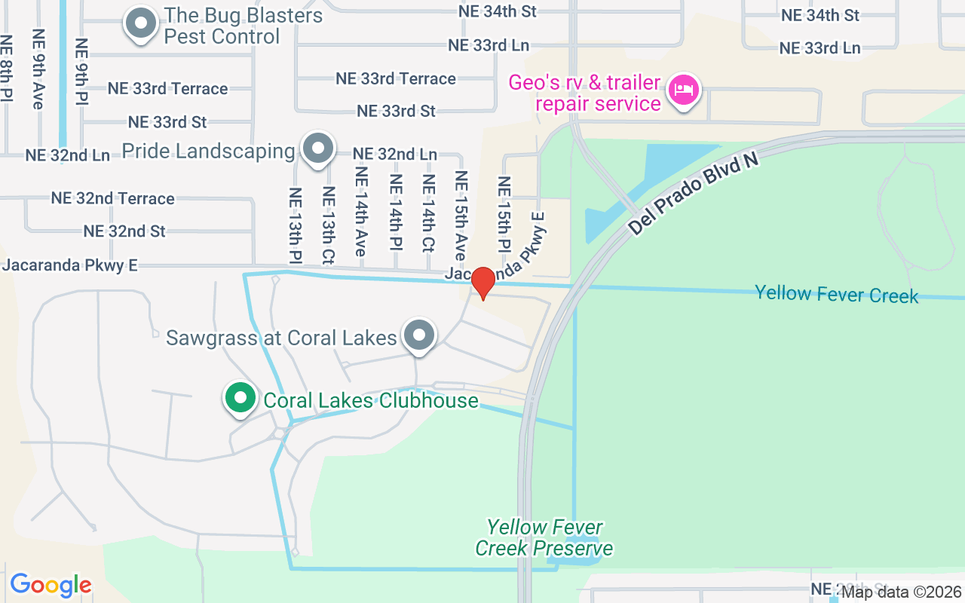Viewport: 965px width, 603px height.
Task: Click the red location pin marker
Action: click(x=483, y=283)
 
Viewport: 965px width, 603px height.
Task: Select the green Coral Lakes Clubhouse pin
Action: click(x=240, y=398)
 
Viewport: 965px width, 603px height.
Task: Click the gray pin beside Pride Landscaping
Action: click(x=318, y=148)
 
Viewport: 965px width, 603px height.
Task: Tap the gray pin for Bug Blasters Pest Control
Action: click(x=140, y=23)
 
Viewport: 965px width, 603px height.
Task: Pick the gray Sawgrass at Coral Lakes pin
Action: click(x=419, y=335)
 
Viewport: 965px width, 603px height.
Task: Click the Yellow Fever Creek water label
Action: click(x=837, y=293)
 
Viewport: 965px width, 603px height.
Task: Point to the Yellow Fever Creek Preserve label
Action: click(x=544, y=537)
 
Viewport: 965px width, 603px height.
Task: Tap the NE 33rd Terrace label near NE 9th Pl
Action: click(x=167, y=88)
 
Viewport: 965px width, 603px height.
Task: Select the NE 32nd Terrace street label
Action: click(x=113, y=198)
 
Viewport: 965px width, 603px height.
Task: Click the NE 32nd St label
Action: click(x=124, y=231)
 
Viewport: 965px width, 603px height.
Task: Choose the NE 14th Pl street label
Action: click(x=395, y=212)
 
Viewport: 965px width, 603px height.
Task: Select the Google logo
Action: click(x=51, y=585)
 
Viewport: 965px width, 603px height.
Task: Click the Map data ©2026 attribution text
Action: click(x=901, y=592)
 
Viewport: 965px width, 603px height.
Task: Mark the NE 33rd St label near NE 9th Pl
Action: click(x=167, y=121)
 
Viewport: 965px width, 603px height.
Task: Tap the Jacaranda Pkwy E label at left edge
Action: click(x=70, y=265)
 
